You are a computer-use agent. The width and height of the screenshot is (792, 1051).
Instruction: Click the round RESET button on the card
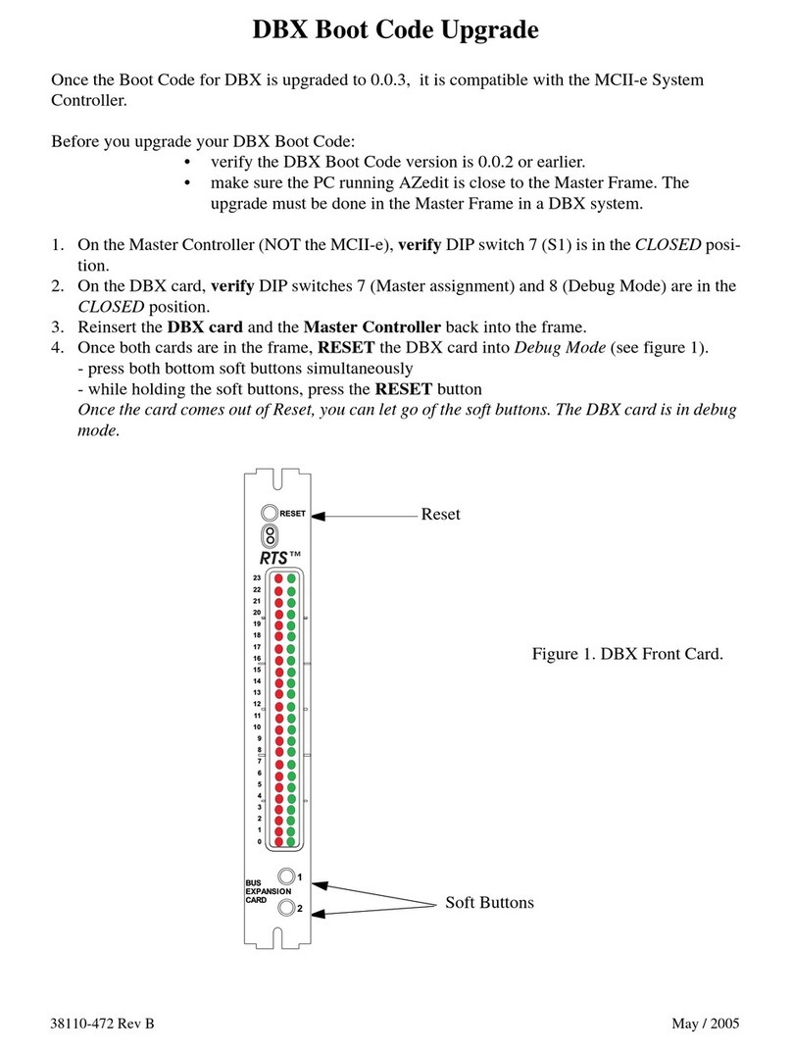269,513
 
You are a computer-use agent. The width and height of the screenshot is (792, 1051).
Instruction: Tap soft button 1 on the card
285,876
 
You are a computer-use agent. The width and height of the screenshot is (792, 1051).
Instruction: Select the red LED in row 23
278,579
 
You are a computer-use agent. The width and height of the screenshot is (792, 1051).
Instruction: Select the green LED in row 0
291,842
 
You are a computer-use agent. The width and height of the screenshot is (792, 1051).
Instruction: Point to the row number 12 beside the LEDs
257,704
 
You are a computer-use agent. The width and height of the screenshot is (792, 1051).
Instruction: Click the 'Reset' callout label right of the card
440,514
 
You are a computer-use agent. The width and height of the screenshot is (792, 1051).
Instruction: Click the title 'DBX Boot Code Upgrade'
395,30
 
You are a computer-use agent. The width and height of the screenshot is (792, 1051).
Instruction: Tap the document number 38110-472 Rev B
102,1024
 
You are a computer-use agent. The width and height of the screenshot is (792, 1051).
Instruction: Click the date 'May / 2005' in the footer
706,1024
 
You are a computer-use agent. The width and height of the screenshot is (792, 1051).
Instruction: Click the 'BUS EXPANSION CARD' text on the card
262,891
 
